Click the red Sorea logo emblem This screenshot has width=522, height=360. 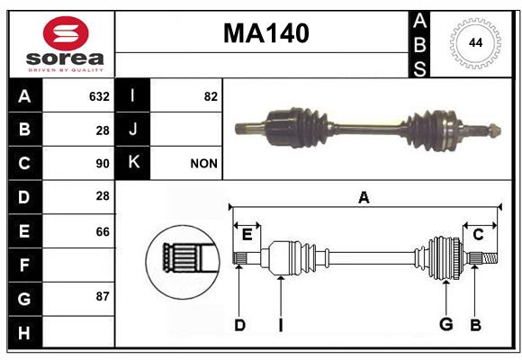(66, 33)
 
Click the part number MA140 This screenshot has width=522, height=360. (266, 33)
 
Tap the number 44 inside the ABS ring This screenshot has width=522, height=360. (475, 43)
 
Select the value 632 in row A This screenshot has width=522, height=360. (99, 96)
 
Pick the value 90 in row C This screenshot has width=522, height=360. (103, 164)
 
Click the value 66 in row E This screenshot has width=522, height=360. (103, 231)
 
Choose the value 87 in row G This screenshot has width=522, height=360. (103, 296)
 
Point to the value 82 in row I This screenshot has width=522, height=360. (211, 96)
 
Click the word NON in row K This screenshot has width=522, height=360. (203, 164)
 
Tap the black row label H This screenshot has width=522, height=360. (25, 332)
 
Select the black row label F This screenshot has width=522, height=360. (25, 265)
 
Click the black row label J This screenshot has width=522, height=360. (132, 129)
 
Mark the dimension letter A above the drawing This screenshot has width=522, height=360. (364, 197)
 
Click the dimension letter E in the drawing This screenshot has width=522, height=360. (247, 235)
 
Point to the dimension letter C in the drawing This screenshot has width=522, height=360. (478, 235)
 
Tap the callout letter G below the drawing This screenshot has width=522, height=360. (446, 324)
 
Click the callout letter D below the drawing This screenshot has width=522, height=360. (239, 325)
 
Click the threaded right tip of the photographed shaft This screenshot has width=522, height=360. (495, 130)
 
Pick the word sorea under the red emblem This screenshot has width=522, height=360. (65, 58)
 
